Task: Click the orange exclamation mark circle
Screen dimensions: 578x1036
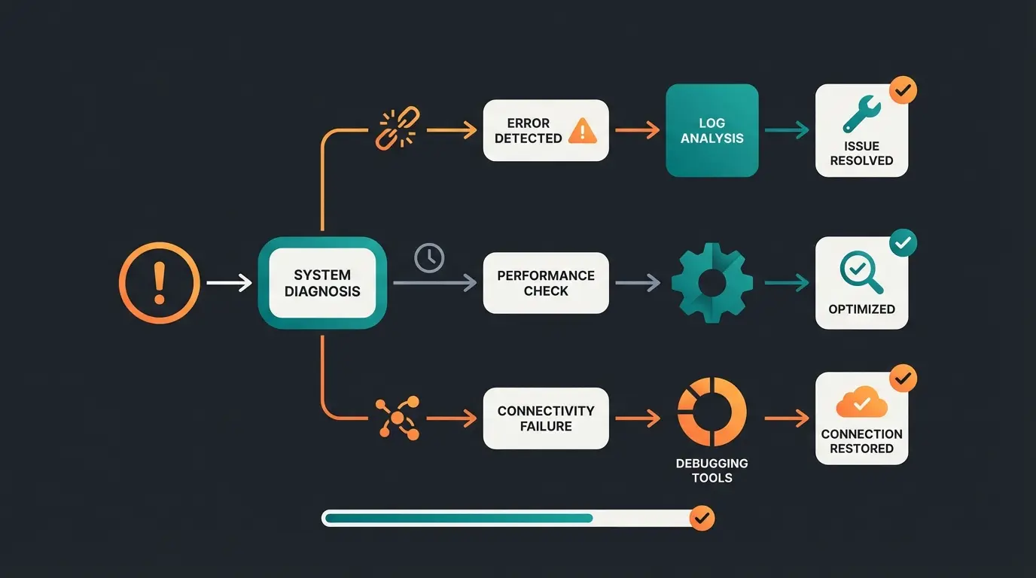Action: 160,283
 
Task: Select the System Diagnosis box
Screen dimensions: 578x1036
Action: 322,283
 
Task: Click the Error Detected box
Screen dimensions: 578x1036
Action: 545,130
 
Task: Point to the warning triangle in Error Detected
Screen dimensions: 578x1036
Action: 582,131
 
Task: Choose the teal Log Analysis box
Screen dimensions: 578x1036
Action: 711,130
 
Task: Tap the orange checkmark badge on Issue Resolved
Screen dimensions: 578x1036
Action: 903,90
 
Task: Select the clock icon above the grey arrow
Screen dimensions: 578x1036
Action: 429,257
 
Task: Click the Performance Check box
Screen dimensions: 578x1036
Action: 545,283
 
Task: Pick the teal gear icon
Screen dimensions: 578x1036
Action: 711,283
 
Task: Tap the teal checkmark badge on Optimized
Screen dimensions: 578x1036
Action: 903,243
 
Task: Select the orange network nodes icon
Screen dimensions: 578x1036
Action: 397,418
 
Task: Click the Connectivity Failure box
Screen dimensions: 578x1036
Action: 545,418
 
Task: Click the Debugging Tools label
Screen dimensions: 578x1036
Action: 711,470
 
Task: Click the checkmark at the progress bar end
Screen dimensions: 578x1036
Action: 702,518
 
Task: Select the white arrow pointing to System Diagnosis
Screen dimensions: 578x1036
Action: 229,283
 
